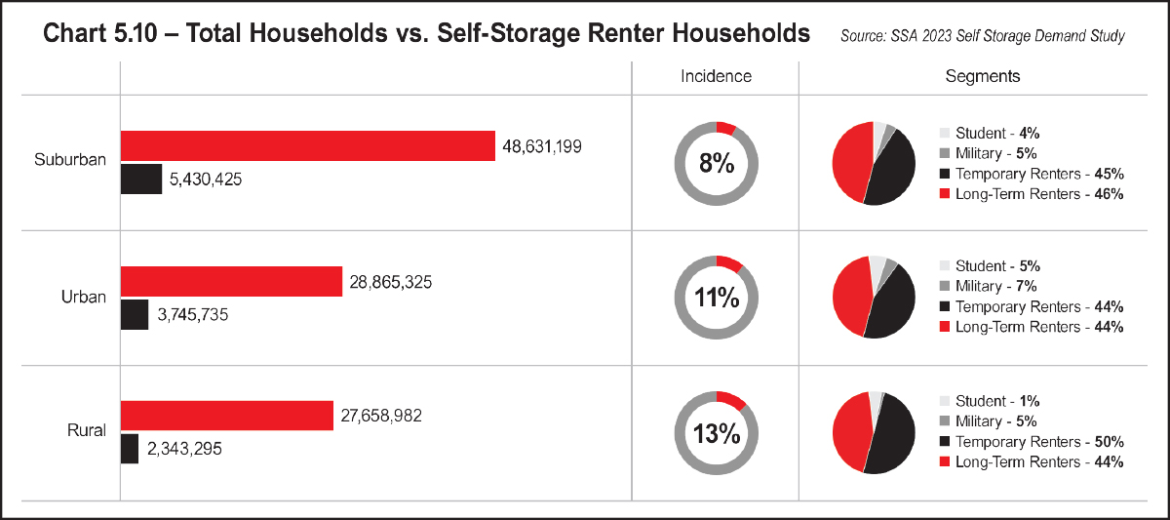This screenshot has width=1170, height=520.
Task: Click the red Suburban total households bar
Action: (308, 146)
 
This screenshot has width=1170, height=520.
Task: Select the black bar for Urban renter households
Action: (135, 314)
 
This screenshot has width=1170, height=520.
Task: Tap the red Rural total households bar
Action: (226, 416)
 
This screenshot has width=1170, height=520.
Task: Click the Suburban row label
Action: (70, 160)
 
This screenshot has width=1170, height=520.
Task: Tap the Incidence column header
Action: (716, 76)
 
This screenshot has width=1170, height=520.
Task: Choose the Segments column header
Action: (983, 76)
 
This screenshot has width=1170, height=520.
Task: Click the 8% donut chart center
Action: (717, 163)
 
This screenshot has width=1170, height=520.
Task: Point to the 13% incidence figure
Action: (717, 433)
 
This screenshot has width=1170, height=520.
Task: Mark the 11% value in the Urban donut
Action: (717, 298)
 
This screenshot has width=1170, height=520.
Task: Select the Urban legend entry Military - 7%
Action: (995, 286)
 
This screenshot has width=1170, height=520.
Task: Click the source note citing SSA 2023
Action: (982, 36)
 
